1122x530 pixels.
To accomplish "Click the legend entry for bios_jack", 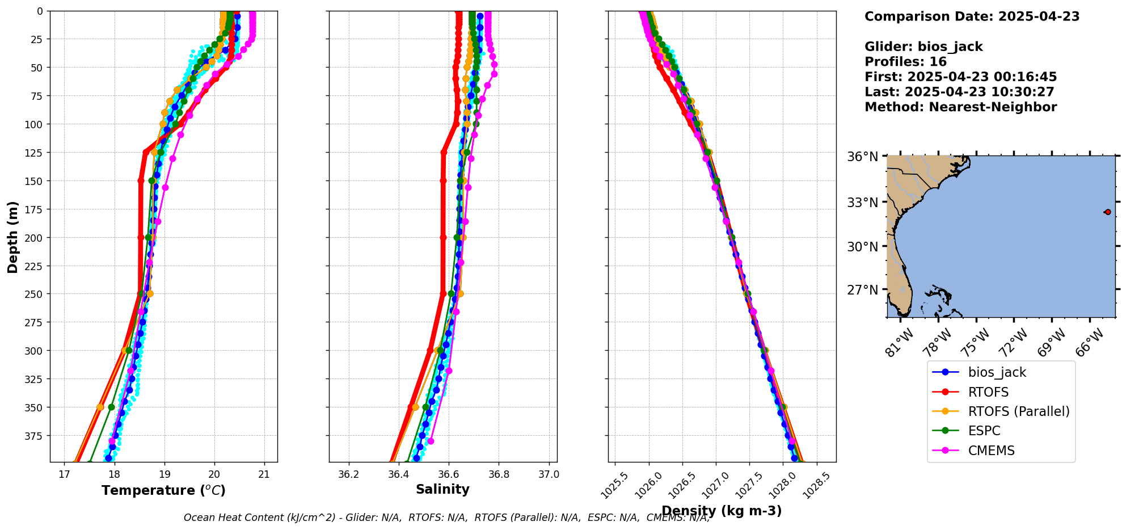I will coord(997,372).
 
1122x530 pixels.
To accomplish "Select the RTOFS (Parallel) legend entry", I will coord(1018,411).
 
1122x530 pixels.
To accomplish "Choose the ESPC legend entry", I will coord(984,431).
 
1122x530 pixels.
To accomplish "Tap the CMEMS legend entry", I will coord(991,451).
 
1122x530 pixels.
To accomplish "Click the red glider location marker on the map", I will coord(1107,212).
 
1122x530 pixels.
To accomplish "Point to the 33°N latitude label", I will coord(862,203).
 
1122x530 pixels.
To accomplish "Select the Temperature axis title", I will coord(163,490).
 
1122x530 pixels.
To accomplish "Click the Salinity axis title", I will coord(442,489).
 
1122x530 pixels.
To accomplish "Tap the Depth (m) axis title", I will coord(12,237).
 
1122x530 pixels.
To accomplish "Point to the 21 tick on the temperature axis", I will coord(264,474).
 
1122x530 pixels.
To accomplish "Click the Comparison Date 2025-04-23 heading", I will coord(972,16).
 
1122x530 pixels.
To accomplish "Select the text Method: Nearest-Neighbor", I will coord(960,107).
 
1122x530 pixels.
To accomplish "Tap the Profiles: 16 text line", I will coord(905,62).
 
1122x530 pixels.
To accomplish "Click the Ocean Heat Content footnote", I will coord(446,518).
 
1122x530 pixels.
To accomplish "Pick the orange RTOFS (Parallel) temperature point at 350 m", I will coord(100,407).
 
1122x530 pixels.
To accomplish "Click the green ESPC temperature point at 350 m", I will coord(111,407).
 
